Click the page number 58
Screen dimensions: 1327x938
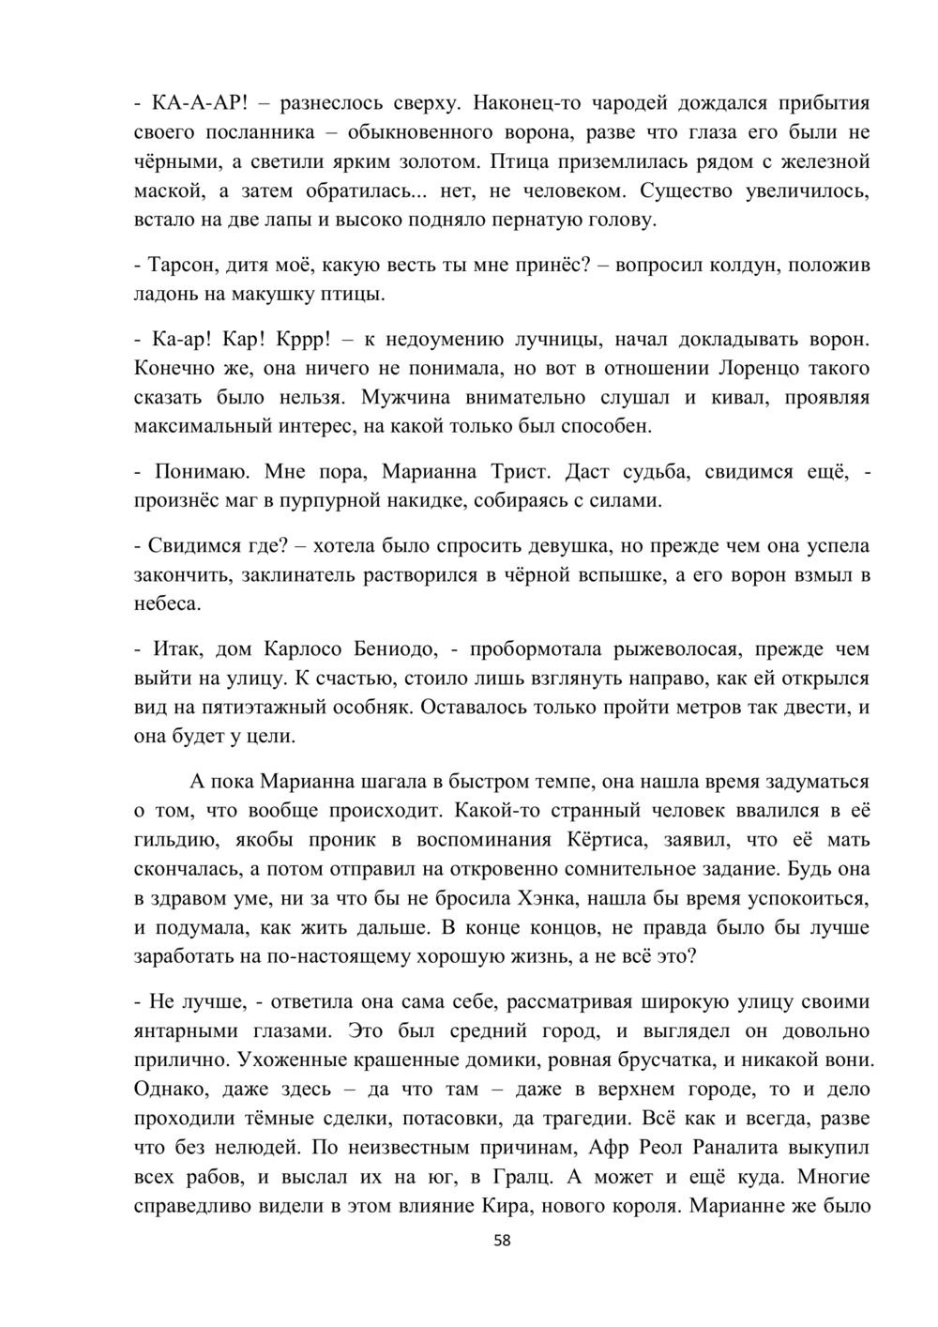point(503,1241)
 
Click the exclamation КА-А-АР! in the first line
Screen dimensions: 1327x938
point(199,103)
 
